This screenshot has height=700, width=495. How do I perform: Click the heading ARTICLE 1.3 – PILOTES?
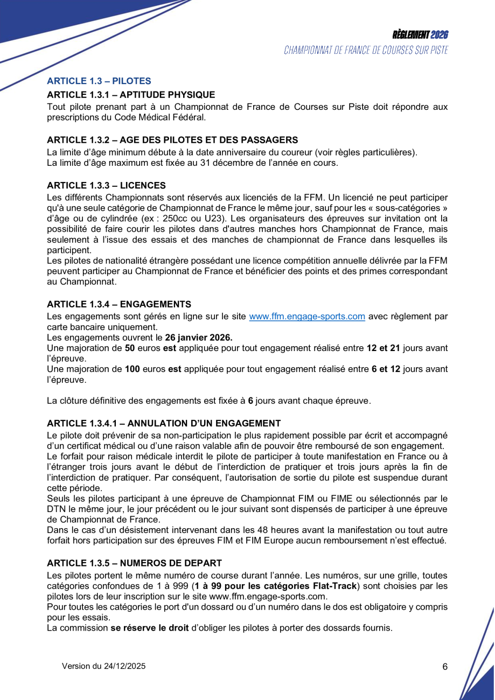99,81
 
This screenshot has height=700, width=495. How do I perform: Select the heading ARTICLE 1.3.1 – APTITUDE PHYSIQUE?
131,95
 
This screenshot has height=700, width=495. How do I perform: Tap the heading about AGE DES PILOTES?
172,140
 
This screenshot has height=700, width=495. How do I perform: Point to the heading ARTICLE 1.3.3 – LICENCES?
106,185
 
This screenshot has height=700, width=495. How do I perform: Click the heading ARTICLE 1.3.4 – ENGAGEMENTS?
119,304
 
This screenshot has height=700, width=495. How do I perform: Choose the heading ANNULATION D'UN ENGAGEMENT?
164,423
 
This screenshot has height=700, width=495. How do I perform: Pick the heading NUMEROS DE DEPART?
134,563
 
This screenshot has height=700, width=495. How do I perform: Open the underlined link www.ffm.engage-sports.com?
307,317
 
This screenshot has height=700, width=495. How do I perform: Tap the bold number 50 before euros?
130,348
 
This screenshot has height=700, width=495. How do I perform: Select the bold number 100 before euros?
132,369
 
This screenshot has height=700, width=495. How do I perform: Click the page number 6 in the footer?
445,667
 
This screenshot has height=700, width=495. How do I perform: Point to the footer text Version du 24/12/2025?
104,666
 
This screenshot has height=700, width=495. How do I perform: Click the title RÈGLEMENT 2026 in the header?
420,35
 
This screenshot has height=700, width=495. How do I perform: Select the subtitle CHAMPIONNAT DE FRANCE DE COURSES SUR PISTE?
366,51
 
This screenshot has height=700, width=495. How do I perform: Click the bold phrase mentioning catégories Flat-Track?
275,586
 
